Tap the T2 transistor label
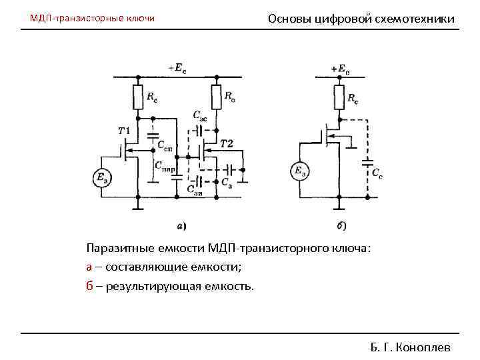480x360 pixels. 226,144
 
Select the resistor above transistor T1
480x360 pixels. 138,99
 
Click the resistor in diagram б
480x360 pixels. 339,97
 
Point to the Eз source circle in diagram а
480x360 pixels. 102,178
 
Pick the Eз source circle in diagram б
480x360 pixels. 299,171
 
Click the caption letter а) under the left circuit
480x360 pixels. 181,225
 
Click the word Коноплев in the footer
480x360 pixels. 423,347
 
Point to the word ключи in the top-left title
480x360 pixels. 140,18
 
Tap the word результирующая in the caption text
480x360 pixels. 155,286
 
